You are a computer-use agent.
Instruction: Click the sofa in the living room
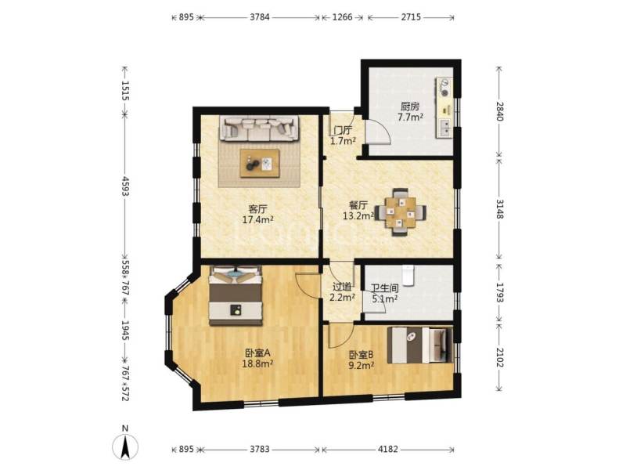pos(258,128)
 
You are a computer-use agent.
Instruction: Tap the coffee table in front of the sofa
pos(260,163)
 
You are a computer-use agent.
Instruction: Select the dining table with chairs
pos(400,211)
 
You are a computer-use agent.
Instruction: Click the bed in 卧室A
pos(236,295)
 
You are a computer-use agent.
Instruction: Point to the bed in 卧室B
pos(422,345)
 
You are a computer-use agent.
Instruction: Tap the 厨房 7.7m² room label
pos(410,111)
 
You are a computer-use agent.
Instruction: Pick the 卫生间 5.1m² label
pos(384,293)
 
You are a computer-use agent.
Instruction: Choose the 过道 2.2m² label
pos(342,291)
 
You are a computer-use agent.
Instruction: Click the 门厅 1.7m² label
pos(343,136)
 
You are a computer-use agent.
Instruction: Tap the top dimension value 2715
pos(412,16)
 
